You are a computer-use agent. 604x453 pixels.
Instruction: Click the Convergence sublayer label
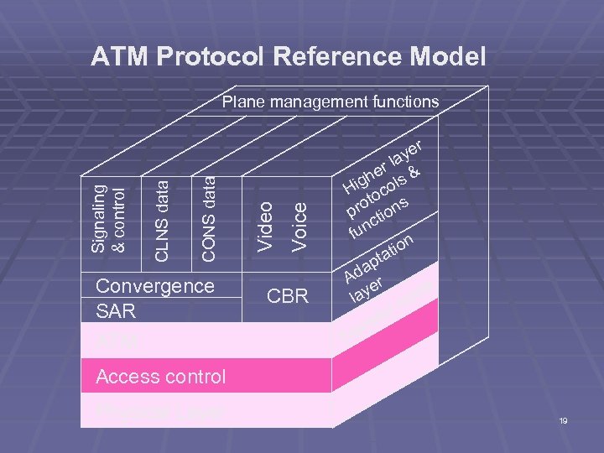tap(155, 286)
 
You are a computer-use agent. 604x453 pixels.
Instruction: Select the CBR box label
tap(287, 297)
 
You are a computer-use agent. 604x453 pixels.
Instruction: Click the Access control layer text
tap(161, 377)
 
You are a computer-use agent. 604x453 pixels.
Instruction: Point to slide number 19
tap(563, 420)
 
